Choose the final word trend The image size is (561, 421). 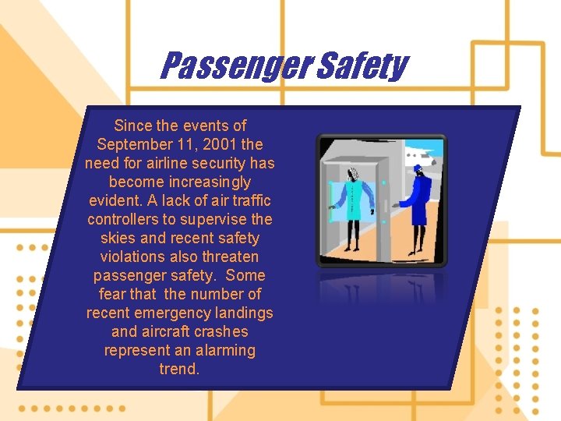click(179, 369)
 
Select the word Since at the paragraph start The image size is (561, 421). click(132, 126)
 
